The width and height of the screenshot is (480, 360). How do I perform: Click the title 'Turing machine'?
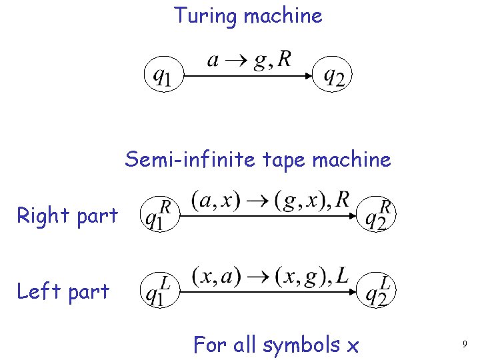tap(248, 15)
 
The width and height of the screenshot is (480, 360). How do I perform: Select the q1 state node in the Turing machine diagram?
tap(161, 76)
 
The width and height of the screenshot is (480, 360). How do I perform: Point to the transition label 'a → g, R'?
tap(249, 60)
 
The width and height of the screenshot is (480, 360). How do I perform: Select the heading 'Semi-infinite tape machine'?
tap(257, 160)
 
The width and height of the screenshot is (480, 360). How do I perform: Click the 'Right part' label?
tap(67, 215)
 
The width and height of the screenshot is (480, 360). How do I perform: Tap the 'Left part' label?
tap(63, 291)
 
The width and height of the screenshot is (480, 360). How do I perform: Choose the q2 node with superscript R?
tap(377, 216)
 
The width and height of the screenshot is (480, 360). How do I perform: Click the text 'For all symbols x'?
tap(276, 345)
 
